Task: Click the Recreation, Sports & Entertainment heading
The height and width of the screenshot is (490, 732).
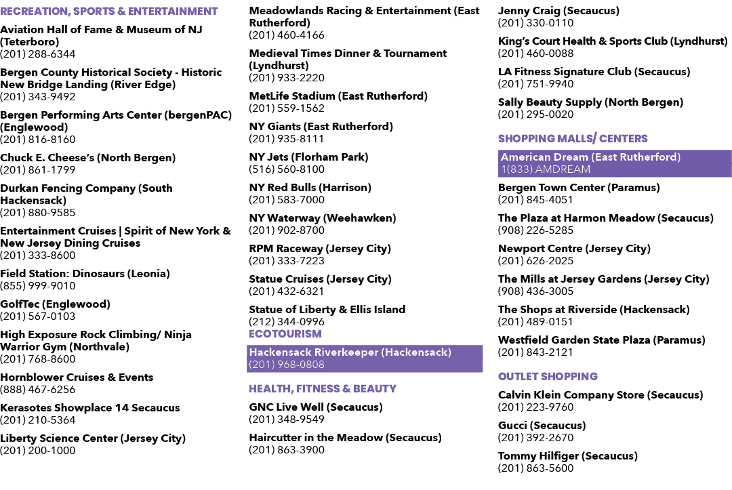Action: [108, 12]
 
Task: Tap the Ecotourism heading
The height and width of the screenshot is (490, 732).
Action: [285, 334]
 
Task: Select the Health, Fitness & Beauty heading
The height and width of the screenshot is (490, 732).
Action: [323, 389]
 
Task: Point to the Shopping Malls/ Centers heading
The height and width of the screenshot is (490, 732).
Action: [573, 139]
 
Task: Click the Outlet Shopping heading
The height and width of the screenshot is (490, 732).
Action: [548, 377]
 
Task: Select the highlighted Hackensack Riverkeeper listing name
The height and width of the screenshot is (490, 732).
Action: [350, 352]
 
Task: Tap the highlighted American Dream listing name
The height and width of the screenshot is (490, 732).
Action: [590, 157]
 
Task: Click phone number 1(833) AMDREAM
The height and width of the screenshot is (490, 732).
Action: [546, 169]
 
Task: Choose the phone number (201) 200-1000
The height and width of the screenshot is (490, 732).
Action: [38, 451]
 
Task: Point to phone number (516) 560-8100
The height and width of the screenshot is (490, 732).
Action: [287, 169]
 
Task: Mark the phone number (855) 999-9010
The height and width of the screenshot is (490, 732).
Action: [38, 286]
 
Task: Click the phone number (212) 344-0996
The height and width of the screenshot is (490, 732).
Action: [287, 322]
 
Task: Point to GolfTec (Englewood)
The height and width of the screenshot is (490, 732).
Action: [55, 304]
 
